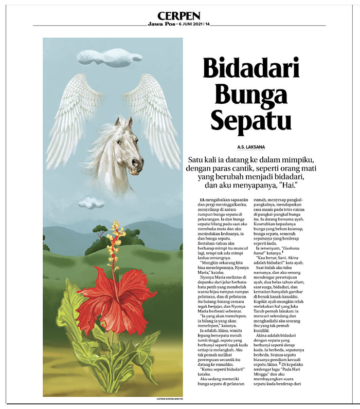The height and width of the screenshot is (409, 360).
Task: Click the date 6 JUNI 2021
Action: [x=191, y=24]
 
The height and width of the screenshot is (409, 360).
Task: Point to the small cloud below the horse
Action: [x=91, y=202]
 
